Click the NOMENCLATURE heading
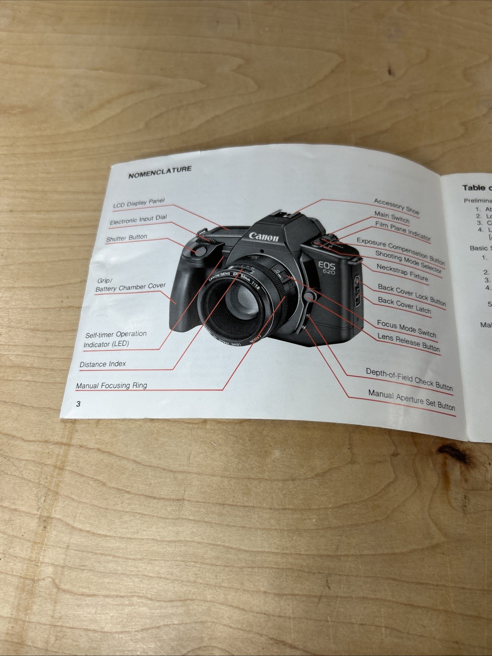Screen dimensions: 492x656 160,172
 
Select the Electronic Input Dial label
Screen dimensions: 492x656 138,220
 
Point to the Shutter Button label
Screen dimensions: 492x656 126,238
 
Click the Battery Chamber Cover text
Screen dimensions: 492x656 130,287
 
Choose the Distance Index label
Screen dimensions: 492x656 103,364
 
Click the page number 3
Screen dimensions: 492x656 78,404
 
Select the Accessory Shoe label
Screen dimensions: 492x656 396,206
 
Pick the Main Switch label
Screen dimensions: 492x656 391,217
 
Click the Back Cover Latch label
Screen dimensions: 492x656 404,305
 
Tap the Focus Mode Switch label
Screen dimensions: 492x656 406,328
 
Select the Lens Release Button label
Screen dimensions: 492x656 408,343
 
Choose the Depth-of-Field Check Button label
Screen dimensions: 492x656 409,379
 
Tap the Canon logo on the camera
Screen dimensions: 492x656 263,237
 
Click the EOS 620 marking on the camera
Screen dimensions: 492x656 327,268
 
